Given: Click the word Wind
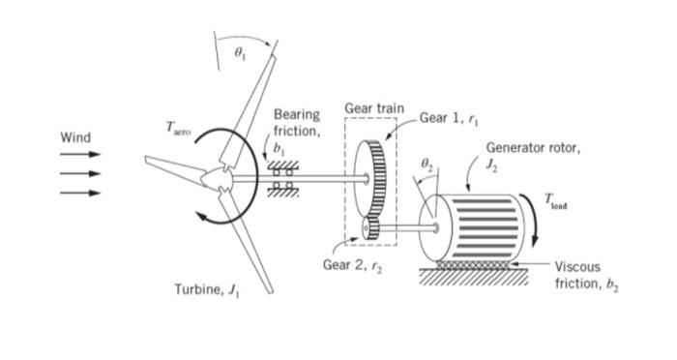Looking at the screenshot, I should point(75,137).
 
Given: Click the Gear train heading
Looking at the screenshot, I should point(374,107).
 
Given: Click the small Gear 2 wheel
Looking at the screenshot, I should point(371,228).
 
